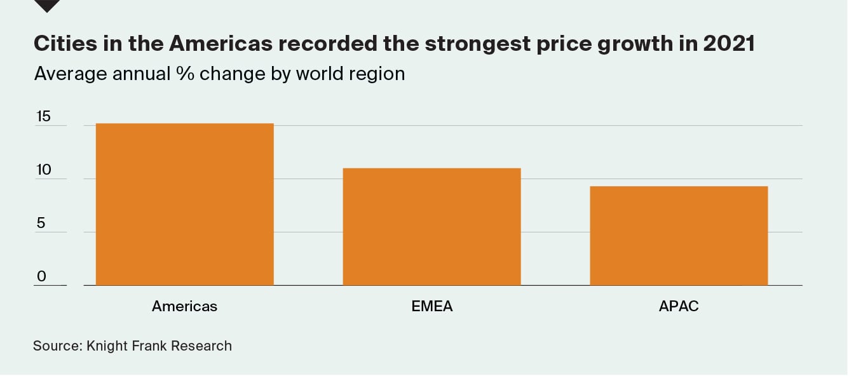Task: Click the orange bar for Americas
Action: coord(184,204)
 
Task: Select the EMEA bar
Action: coord(431,226)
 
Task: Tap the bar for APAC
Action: coord(679,235)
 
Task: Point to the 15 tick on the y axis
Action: coord(43,117)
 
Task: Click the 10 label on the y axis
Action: coord(43,170)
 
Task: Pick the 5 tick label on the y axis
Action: coord(41,223)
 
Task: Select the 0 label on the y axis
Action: coord(41,276)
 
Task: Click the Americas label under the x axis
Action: coord(184,306)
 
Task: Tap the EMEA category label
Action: coord(431,306)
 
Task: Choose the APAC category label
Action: coord(679,306)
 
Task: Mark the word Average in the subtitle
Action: coord(70,74)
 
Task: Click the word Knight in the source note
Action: coord(108,346)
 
